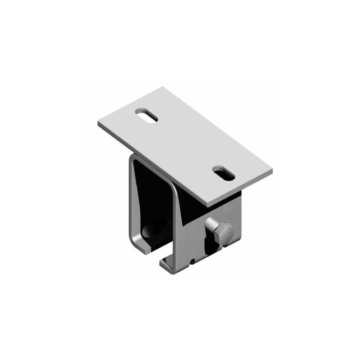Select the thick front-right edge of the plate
(241, 191)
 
